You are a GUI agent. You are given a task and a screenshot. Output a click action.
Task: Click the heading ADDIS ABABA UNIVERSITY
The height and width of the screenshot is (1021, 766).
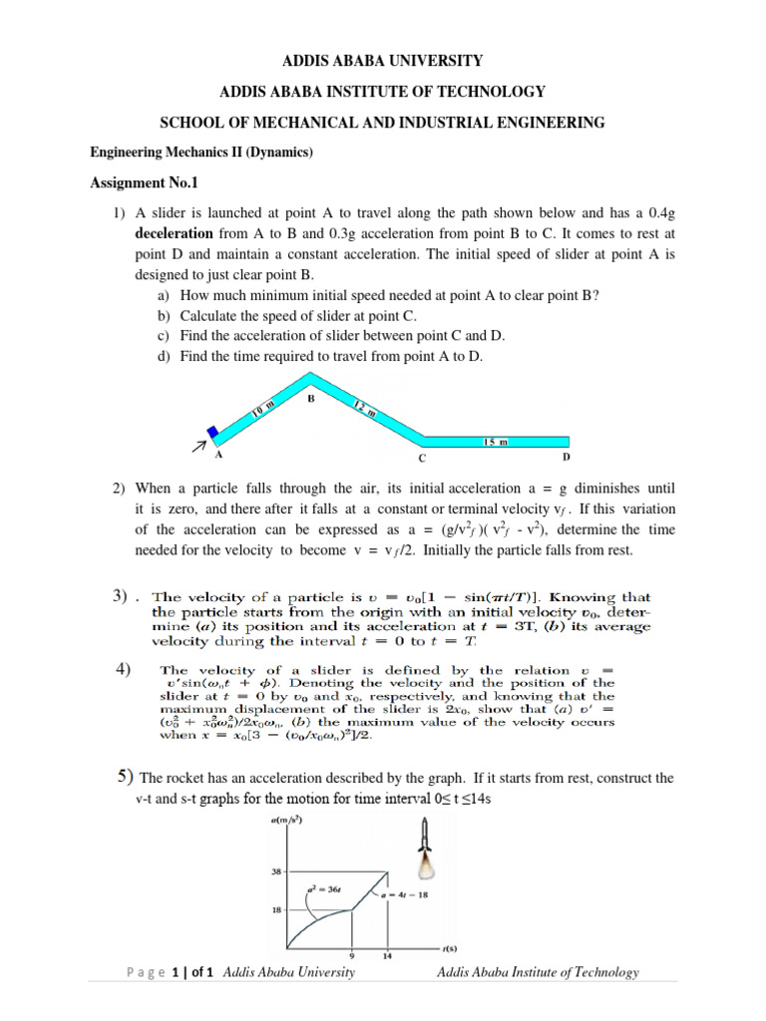point(383,61)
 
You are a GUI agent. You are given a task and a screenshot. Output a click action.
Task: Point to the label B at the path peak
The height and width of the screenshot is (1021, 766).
point(310,398)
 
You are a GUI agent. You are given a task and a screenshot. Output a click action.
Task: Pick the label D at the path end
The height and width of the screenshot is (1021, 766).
point(568,457)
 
